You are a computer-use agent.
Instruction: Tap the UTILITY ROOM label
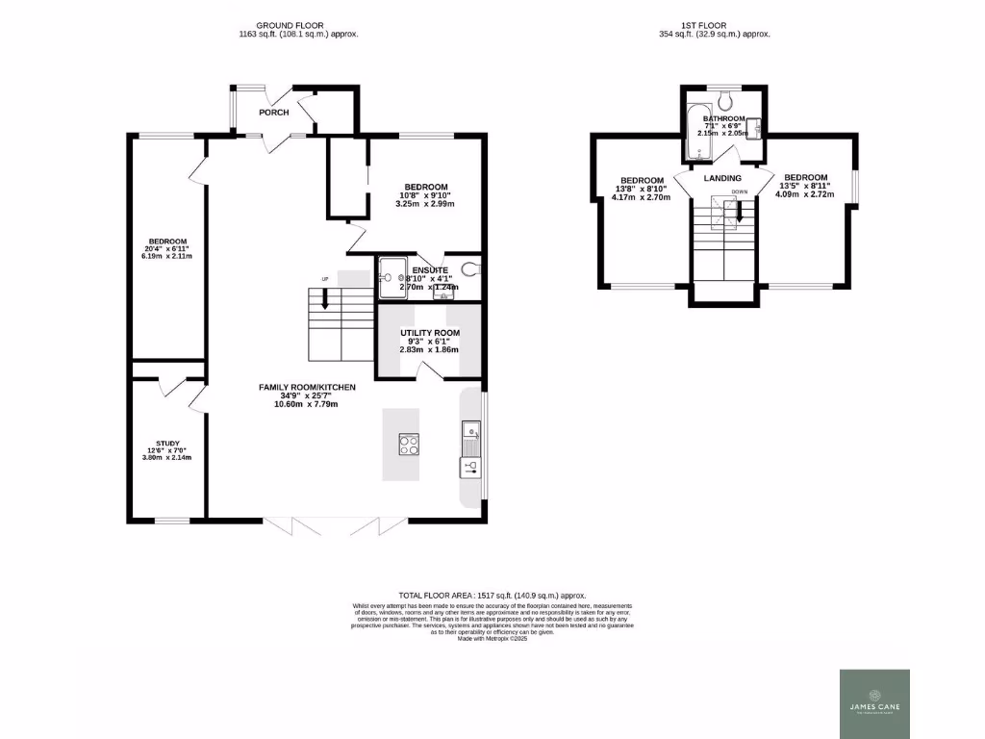click(x=430, y=333)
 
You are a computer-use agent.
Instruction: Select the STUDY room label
click(x=168, y=444)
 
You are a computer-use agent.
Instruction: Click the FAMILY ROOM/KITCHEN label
click(x=307, y=387)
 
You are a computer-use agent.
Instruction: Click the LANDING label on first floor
click(x=722, y=178)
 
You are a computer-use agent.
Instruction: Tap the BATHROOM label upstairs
click(x=723, y=118)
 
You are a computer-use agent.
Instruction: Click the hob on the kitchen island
click(x=409, y=444)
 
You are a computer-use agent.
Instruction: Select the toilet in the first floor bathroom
click(x=726, y=99)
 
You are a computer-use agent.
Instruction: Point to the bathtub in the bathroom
click(x=697, y=132)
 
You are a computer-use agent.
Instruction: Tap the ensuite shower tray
click(x=392, y=274)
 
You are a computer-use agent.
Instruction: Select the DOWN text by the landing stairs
click(x=739, y=192)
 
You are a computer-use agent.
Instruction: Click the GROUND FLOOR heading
click(x=290, y=24)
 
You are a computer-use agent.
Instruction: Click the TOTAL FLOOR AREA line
click(x=492, y=596)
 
